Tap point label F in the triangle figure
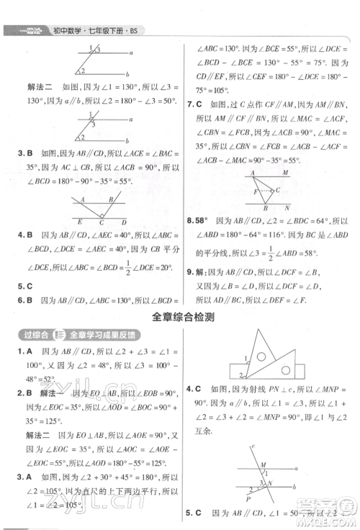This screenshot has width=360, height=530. coord(255,192)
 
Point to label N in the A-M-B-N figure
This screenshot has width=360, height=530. coord(286,207)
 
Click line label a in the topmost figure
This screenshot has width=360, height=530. coord(130,53)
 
